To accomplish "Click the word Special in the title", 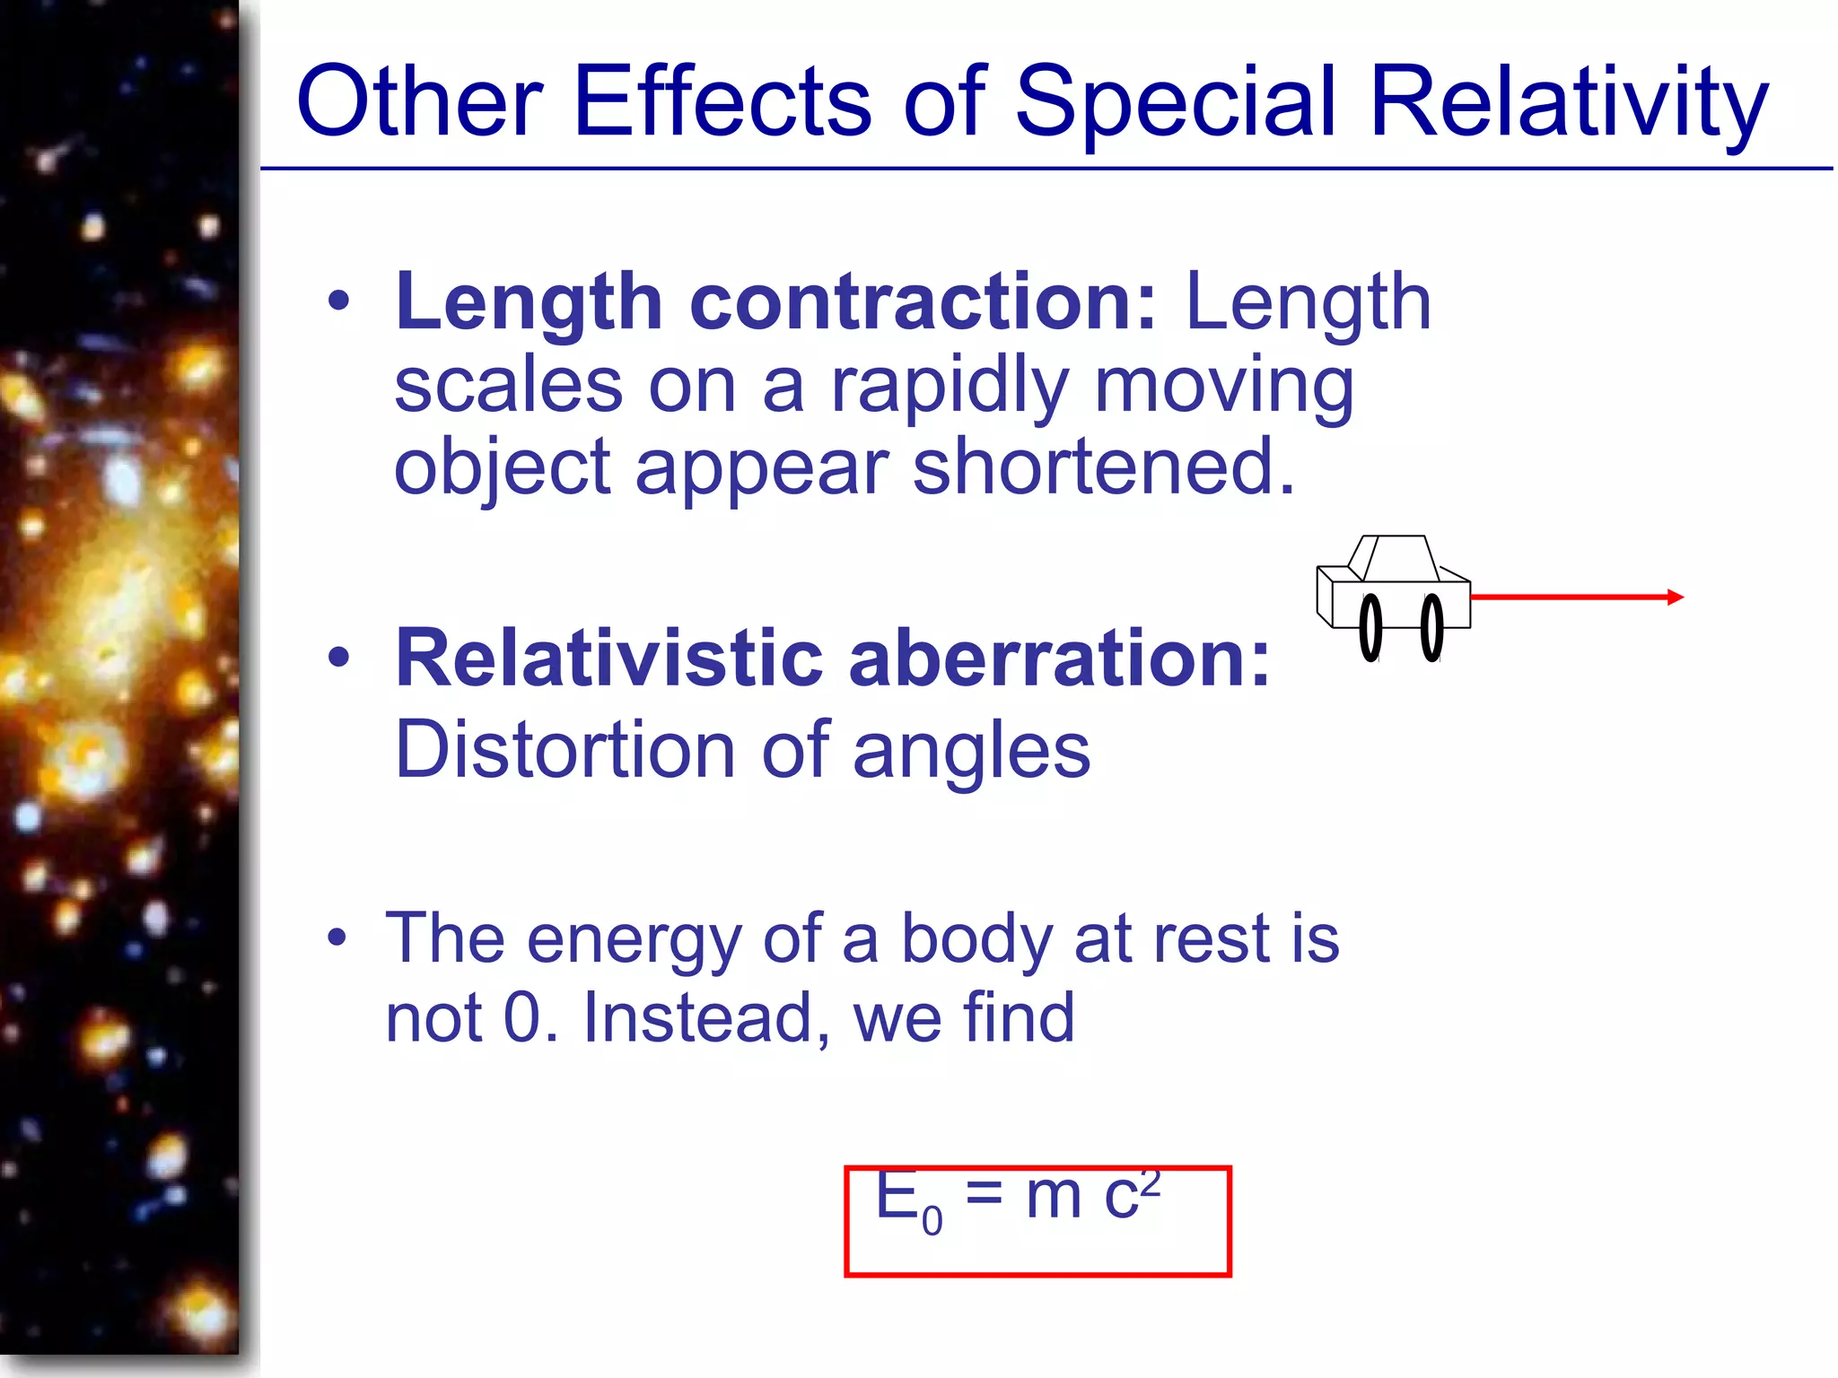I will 1176,103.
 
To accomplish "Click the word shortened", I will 1104,467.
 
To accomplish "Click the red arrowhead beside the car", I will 1675,597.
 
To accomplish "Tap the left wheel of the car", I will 1370,628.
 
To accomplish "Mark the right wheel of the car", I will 1432,628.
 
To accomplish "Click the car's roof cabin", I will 1396,558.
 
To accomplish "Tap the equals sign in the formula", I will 984,1195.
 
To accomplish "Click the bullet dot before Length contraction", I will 338,302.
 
